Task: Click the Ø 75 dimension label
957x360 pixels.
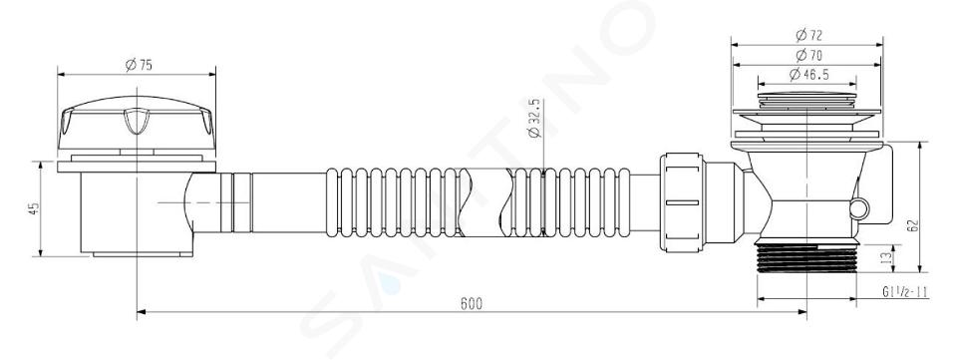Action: [139, 65]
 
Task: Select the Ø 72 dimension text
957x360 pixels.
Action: [808, 35]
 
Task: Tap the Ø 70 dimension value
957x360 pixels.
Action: [808, 56]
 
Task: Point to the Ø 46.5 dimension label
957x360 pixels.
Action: [808, 75]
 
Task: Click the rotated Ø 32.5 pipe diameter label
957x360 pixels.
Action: [535, 119]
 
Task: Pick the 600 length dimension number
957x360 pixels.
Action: [472, 304]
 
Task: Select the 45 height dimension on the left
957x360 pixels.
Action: [34, 208]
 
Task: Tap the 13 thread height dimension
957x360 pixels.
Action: [888, 258]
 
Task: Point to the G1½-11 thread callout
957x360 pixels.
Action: [905, 291]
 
